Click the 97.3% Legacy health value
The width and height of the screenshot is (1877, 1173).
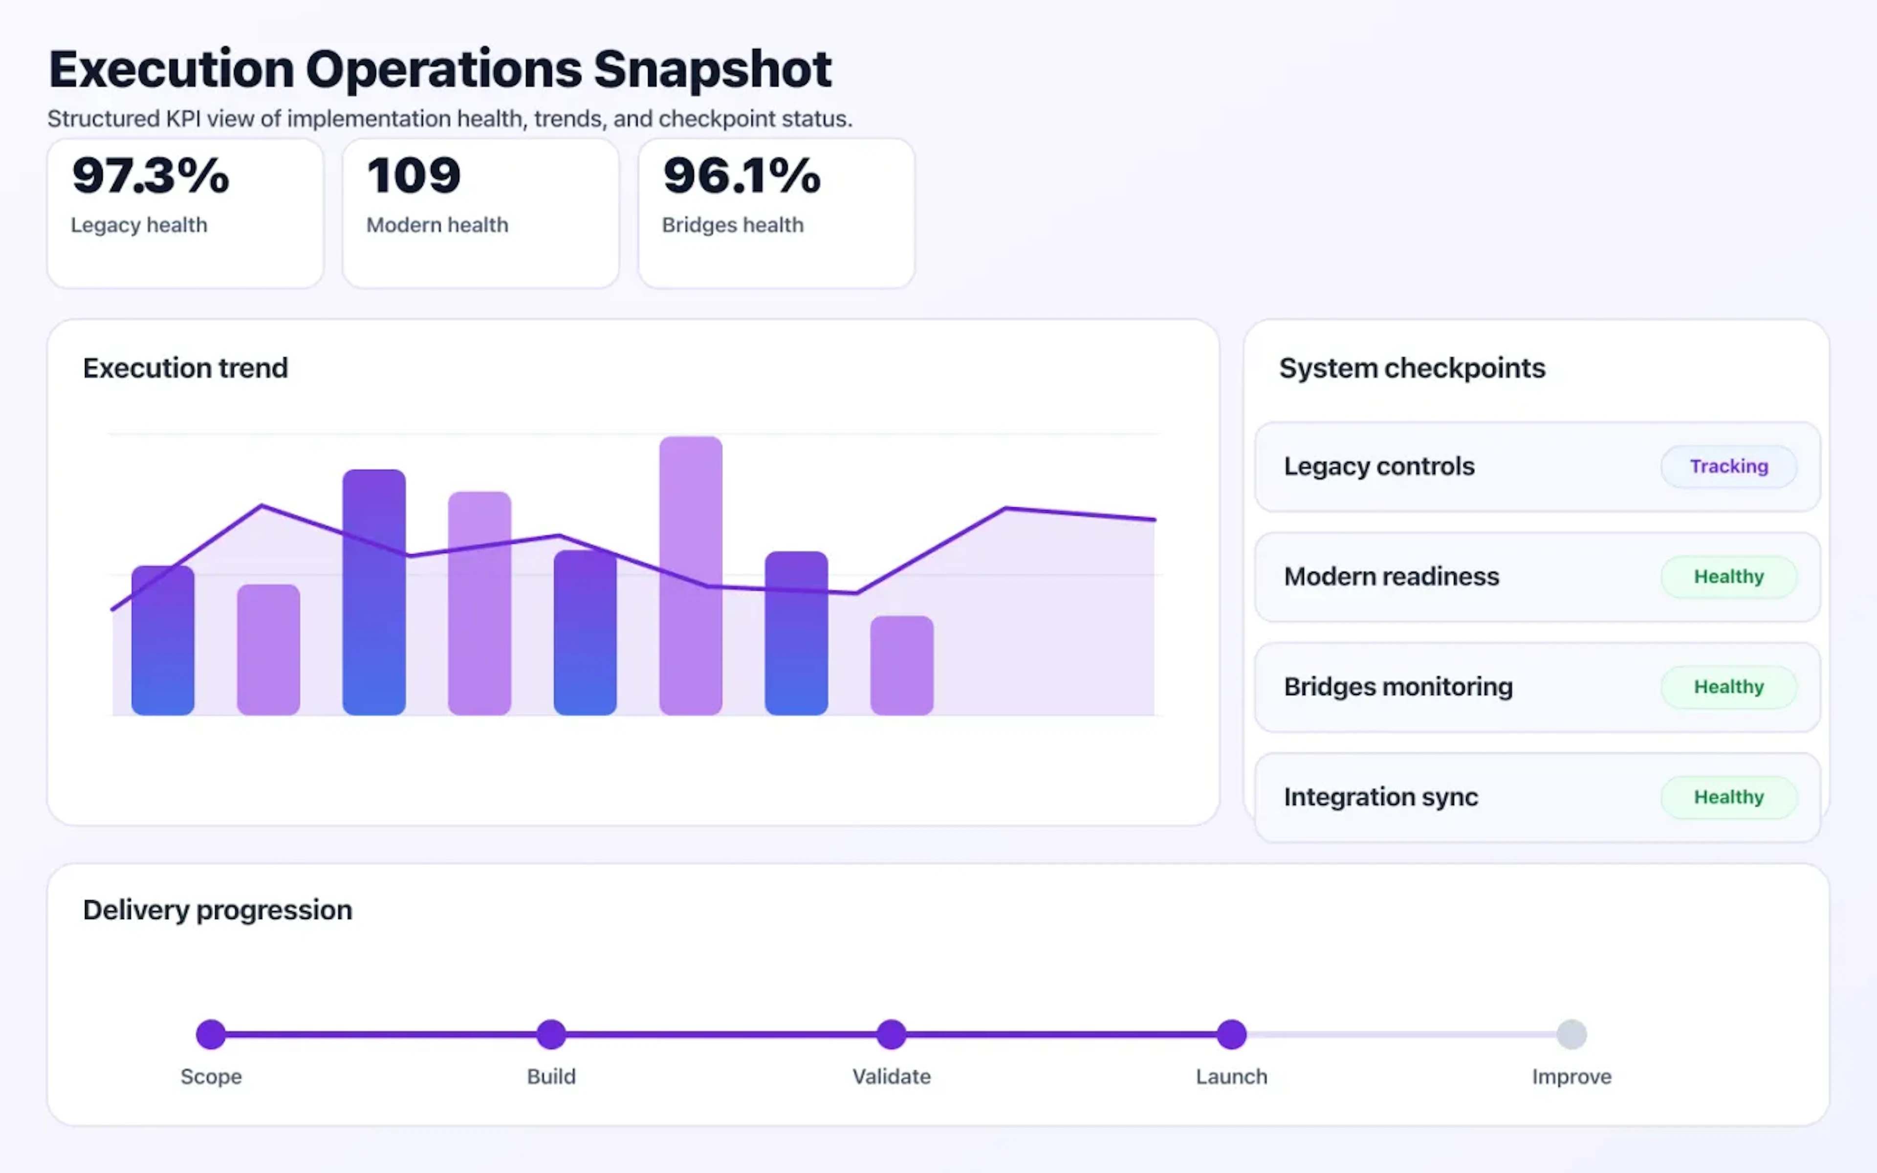[x=151, y=175]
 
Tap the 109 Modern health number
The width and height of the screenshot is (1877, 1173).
[x=414, y=175]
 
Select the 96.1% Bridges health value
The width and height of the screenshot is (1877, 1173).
[x=742, y=175]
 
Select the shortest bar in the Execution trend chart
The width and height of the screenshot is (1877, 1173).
[x=901, y=666]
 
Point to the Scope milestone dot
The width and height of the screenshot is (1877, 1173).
[x=211, y=1034]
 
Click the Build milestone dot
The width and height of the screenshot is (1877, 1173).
[x=551, y=1034]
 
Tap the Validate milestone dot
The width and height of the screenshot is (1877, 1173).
[x=891, y=1034]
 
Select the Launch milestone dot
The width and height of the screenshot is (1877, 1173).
[x=1231, y=1034]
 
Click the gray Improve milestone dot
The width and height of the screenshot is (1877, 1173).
[x=1571, y=1034]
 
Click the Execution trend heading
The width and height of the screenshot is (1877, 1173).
[x=185, y=368]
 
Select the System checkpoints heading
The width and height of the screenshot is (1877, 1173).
[x=1412, y=368]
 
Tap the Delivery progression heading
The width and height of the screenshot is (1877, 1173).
[x=217, y=909]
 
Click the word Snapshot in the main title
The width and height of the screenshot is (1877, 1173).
[x=712, y=70]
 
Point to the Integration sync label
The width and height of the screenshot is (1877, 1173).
[x=1380, y=797]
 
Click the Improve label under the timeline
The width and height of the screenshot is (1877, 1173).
[x=1571, y=1076]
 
